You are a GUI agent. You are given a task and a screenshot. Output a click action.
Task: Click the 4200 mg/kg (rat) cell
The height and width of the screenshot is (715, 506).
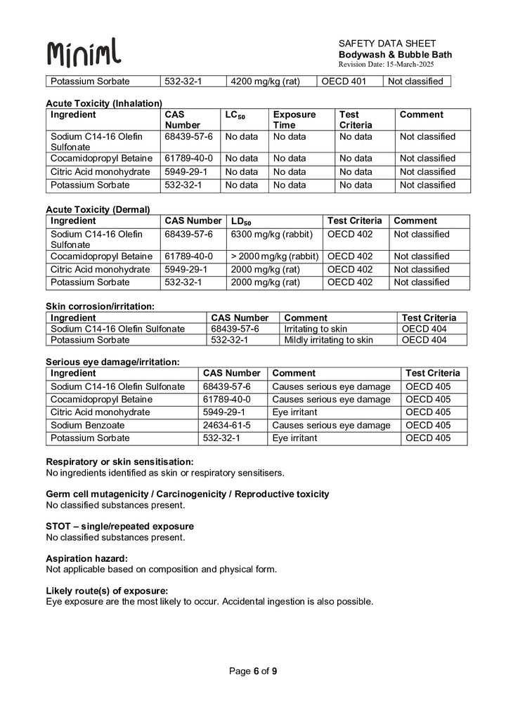(265, 81)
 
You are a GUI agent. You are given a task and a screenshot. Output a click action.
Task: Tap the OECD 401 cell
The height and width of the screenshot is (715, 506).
(344, 81)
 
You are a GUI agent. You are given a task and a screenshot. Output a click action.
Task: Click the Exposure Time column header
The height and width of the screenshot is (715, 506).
(294, 119)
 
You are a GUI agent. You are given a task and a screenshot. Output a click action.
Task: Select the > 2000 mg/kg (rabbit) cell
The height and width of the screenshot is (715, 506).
(275, 256)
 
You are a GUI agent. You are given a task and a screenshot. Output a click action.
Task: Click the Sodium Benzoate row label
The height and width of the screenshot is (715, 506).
(86, 425)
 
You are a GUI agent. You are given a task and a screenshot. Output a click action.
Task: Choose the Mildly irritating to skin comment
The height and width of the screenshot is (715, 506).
(328, 340)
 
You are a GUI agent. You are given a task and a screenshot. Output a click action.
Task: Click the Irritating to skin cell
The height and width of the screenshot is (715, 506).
(316, 329)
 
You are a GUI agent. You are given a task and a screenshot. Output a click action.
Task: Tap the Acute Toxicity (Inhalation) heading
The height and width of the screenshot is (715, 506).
(104, 103)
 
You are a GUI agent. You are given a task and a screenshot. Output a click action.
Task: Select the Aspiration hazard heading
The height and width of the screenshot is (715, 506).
(86, 558)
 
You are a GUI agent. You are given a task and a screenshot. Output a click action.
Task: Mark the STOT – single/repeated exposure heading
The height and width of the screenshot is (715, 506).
(119, 526)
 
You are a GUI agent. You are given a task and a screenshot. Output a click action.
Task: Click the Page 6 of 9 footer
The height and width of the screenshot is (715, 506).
(253, 671)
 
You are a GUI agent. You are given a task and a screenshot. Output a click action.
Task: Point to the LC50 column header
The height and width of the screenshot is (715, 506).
(235, 114)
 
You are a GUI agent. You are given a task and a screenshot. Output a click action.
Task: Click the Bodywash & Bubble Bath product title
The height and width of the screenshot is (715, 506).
(395, 55)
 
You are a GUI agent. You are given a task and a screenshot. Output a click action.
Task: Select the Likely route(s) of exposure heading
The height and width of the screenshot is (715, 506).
(107, 591)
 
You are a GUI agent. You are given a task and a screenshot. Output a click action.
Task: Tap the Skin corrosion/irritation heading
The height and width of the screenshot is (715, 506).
(100, 306)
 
